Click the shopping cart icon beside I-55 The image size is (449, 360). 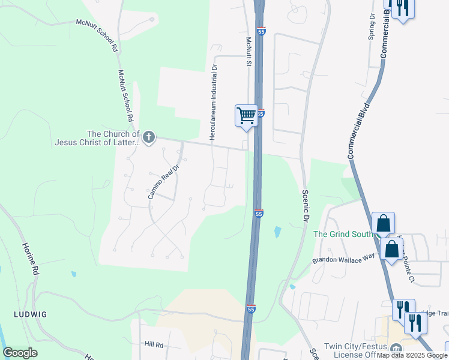tap(246, 115)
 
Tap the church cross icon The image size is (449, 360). tap(148, 139)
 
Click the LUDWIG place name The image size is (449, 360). tap(31, 314)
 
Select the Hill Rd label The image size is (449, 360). tap(154, 345)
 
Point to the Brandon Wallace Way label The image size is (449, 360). tap(343, 257)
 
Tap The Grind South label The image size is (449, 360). tap(343, 234)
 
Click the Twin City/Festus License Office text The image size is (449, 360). tap(355, 350)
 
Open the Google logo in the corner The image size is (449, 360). tap(20, 353)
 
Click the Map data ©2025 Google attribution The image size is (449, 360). tap(412, 356)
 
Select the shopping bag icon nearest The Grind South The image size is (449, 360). tap(383, 223)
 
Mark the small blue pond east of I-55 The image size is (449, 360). tap(277, 231)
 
